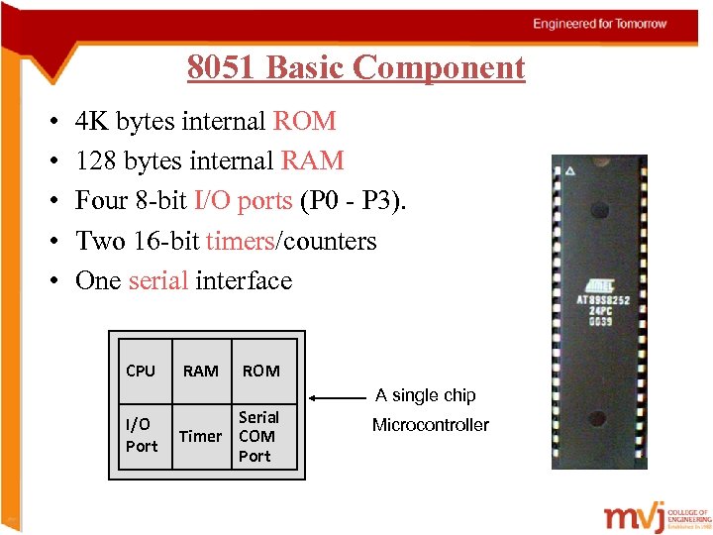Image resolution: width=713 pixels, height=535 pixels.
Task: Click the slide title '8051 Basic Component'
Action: pos(356,68)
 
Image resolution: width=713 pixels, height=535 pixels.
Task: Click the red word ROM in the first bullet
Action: pos(305,122)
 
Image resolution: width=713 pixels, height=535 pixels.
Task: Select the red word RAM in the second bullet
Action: pos(313,161)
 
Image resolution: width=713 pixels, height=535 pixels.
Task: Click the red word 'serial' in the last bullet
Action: pos(158,281)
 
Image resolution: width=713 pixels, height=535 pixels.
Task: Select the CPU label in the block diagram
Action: pos(141,372)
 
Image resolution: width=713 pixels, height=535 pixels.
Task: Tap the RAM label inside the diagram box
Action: pos(201,372)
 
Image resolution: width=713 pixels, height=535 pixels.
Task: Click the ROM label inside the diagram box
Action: pos(260,372)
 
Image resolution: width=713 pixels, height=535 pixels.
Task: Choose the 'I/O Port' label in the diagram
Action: pos(141,435)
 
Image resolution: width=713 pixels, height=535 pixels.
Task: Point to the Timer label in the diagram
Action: pos(200,437)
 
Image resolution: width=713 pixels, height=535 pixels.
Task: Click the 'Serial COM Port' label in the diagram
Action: pos(257,437)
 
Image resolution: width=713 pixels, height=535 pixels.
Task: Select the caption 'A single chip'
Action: pos(426,395)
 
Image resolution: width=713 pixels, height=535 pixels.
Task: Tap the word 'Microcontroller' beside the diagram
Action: pos(430,425)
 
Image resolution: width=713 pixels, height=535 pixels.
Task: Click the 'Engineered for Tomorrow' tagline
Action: pos(600,24)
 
